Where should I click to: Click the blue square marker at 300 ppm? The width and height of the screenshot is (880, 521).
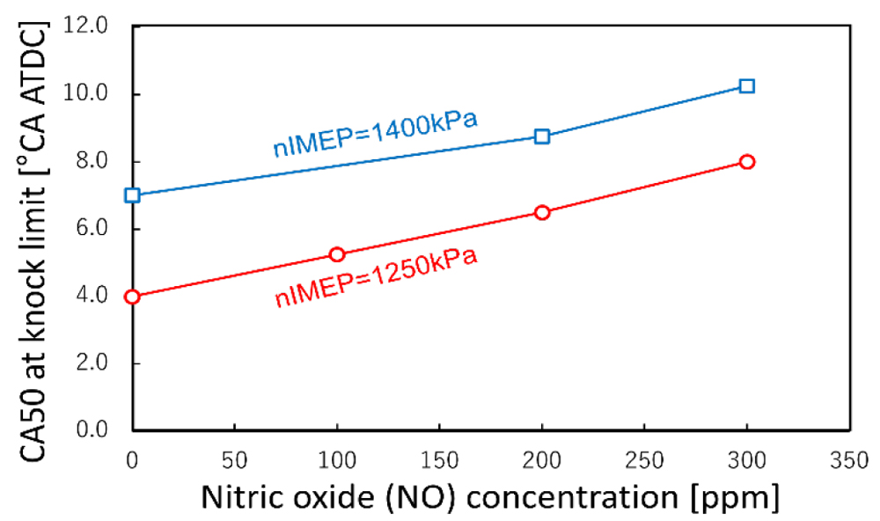click(x=747, y=86)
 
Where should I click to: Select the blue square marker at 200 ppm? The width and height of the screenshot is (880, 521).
click(x=542, y=136)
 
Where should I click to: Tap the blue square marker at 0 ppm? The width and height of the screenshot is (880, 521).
click(x=133, y=195)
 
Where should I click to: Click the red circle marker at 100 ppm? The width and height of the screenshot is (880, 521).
click(x=337, y=254)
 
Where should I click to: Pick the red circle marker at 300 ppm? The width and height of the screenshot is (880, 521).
click(x=747, y=162)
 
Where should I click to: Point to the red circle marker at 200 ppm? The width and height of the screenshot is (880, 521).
click(x=542, y=212)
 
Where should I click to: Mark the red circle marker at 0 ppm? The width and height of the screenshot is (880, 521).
click(x=133, y=297)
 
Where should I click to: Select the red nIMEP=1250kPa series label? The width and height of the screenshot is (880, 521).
click(x=376, y=277)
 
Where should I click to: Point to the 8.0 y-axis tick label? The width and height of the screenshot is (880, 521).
click(x=93, y=162)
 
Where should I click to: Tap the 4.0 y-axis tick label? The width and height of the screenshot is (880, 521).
click(x=93, y=297)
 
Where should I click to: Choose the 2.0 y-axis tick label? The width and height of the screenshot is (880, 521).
click(x=93, y=363)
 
